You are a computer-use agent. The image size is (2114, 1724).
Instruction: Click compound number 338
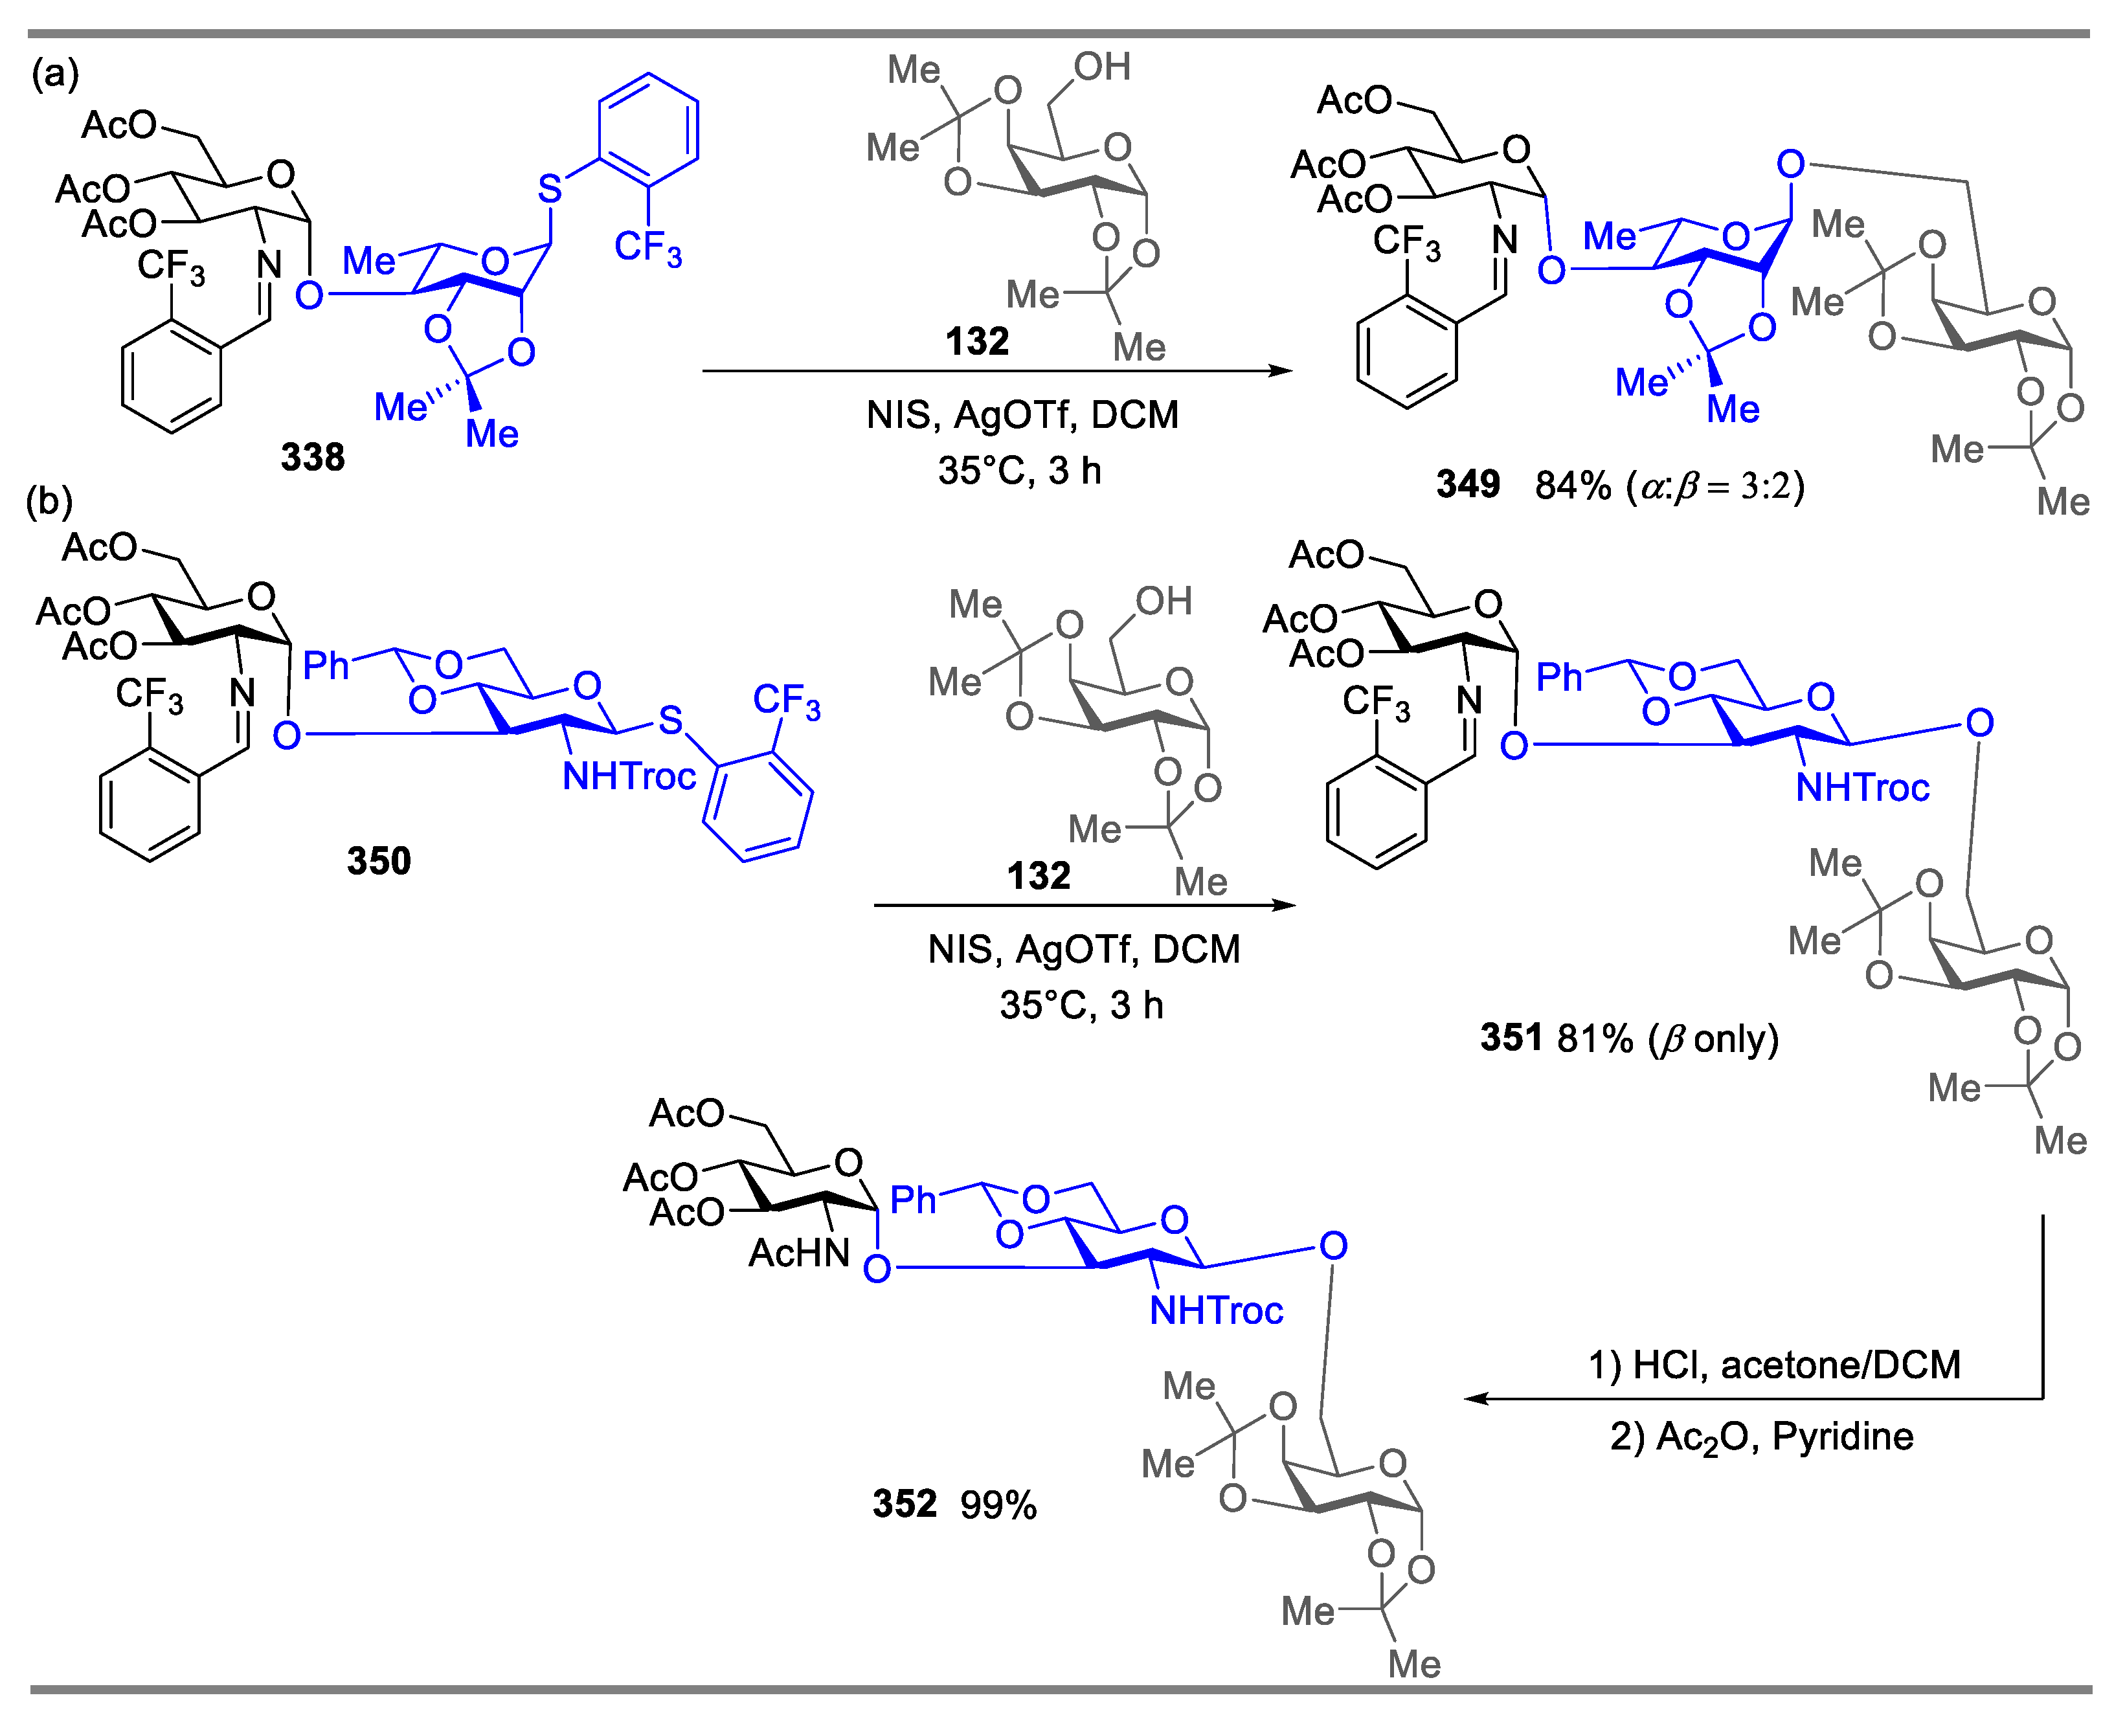click(312, 457)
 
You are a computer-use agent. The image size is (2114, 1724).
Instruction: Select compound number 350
click(378, 860)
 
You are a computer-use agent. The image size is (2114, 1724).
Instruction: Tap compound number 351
click(1511, 1038)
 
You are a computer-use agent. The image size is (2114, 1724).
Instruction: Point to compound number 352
click(904, 1503)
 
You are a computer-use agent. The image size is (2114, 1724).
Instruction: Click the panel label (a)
click(54, 74)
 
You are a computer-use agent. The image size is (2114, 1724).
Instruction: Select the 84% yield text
click(1572, 486)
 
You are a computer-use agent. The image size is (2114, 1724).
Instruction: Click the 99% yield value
click(997, 1505)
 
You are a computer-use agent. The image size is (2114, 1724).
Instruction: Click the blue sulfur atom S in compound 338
click(549, 188)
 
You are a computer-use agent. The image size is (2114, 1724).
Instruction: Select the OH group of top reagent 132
click(1102, 67)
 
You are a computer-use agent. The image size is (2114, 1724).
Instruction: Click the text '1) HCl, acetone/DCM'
click(1773, 1365)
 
